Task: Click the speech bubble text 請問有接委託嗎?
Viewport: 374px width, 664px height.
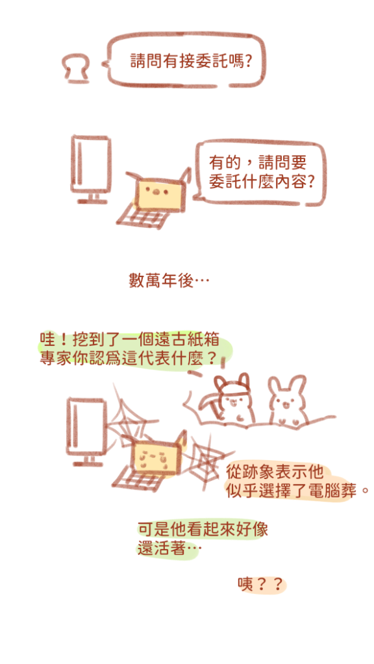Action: [191, 62]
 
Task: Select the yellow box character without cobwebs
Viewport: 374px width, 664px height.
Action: [160, 191]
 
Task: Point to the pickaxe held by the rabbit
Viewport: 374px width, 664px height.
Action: [203, 402]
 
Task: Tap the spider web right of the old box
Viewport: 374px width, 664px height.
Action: [206, 461]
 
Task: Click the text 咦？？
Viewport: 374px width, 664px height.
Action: [260, 585]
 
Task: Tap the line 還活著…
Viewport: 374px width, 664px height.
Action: [168, 549]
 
